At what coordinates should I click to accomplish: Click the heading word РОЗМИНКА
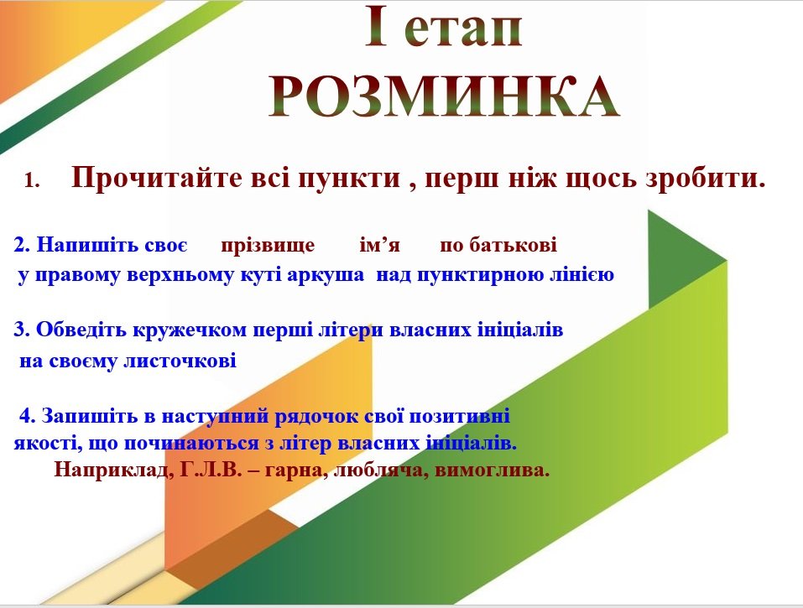(x=445, y=96)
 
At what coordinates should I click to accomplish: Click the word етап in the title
(x=463, y=29)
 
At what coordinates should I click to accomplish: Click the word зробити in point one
(x=705, y=178)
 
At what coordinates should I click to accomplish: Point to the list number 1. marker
(x=32, y=180)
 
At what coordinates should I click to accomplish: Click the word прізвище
(x=268, y=245)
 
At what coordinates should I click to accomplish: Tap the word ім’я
(x=379, y=245)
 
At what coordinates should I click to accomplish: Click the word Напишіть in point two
(x=87, y=245)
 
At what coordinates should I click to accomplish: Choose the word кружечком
(x=190, y=330)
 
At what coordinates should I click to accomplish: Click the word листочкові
(x=180, y=361)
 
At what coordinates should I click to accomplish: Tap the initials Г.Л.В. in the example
(x=211, y=469)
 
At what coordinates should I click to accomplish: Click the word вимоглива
(x=492, y=470)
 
